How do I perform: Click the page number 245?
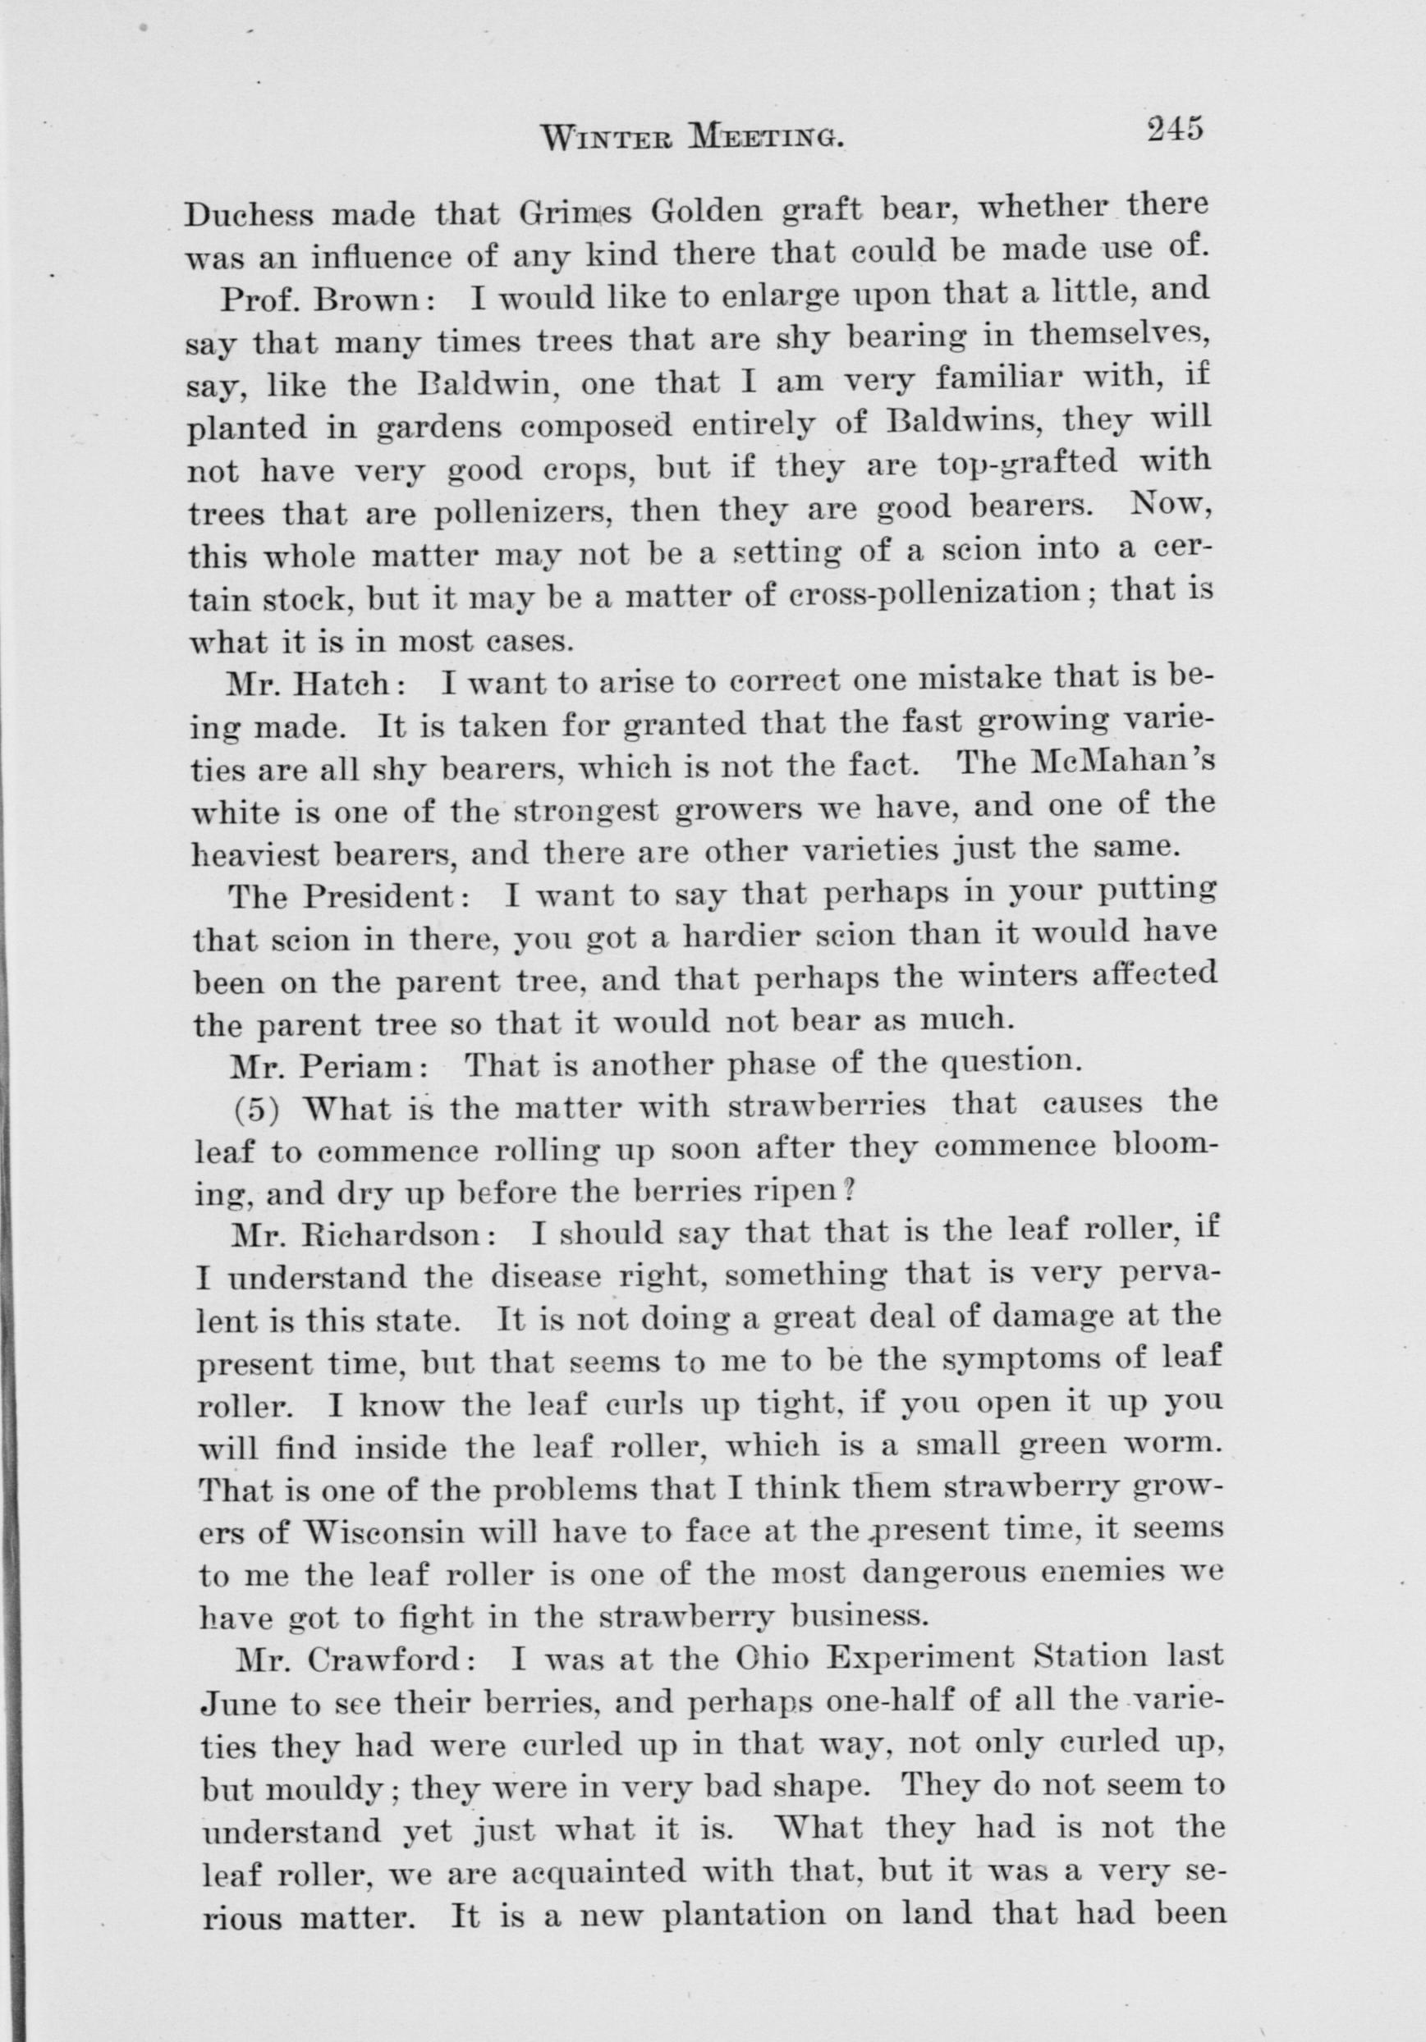point(1174,129)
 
